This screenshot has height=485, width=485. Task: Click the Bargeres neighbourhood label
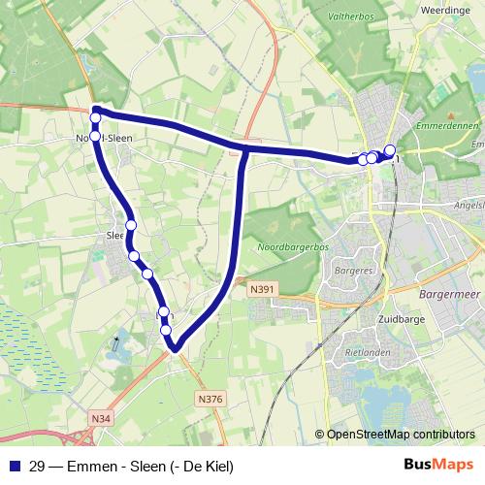357,270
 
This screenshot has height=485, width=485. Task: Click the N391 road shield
261,288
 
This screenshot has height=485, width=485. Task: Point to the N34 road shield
102,418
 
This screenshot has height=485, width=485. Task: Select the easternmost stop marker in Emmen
390,150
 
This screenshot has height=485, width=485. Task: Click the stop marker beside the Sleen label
130,225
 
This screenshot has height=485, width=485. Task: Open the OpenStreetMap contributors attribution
401,435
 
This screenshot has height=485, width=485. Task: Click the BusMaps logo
438,465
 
